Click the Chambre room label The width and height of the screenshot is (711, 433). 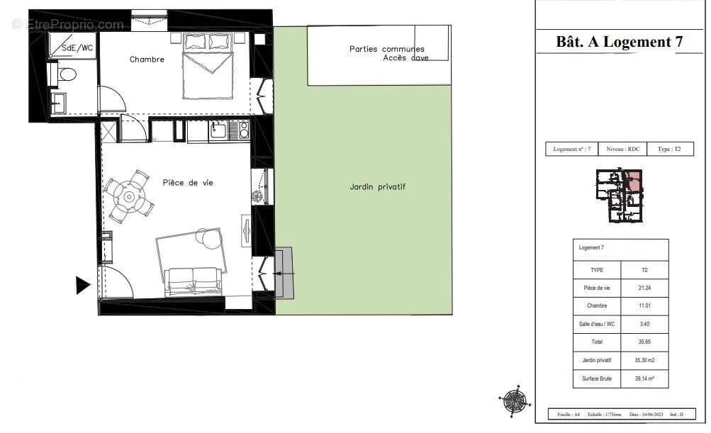[147, 60]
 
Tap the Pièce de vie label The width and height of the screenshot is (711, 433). [188, 183]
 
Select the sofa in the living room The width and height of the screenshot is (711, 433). [193, 281]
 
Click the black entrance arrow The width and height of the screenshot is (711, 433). [83, 286]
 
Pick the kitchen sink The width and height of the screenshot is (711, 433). [217, 130]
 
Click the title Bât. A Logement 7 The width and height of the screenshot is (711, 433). [619, 42]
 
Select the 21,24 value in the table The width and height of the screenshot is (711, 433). [644, 288]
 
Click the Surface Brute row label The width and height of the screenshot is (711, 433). [596, 379]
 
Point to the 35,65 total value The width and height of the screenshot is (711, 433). [644, 342]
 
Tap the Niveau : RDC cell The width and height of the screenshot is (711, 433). [623, 150]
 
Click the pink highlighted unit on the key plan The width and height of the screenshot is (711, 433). [634, 181]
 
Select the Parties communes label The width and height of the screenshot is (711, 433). [386, 49]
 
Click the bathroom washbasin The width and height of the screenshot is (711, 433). [57, 103]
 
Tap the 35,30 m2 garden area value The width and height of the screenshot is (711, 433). [644, 361]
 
